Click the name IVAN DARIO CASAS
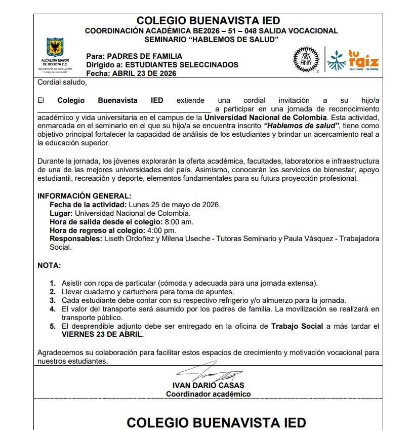(x=208, y=385)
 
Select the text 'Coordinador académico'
(x=208, y=394)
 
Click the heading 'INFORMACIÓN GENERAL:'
(x=85, y=196)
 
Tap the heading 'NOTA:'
(x=49, y=265)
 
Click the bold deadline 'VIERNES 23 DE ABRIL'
(x=102, y=335)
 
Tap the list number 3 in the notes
(x=53, y=300)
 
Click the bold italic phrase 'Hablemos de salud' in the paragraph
(x=302, y=126)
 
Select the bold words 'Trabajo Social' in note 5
(x=297, y=326)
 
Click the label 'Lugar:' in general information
(x=61, y=213)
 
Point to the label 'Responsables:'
(x=75, y=239)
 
